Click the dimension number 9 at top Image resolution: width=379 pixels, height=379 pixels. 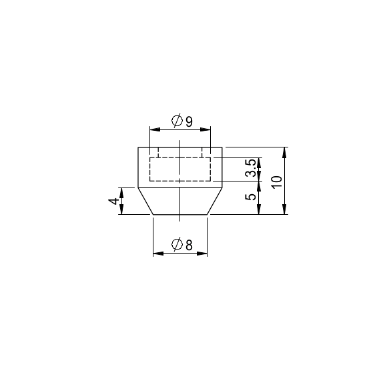[190, 121]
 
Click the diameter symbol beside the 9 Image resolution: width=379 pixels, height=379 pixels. [177, 120]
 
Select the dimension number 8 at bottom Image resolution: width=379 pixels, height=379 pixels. [190, 245]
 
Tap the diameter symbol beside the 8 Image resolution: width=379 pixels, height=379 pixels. [177, 244]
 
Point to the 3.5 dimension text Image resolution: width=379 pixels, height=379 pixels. [250, 168]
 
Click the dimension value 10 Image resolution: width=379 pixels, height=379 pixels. [277, 182]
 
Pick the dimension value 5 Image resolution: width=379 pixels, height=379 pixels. [250, 197]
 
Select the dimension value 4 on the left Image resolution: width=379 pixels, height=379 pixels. [113, 201]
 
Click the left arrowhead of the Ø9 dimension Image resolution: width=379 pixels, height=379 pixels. [155, 129]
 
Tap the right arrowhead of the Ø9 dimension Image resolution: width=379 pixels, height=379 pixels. [206, 129]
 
